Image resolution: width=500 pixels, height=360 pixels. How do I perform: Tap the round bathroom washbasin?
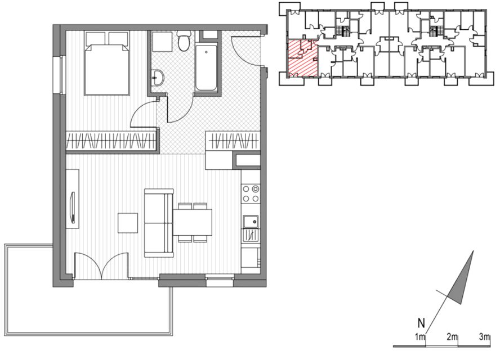click(157, 78)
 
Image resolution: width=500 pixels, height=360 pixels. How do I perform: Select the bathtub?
click(206, 68)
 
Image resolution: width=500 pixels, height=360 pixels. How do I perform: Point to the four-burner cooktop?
click(251, 193)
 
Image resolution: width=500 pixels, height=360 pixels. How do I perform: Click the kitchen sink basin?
click(251, 222)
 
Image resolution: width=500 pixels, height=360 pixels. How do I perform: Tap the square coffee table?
click(128, 223)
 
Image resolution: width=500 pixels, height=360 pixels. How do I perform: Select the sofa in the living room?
click(159, 223)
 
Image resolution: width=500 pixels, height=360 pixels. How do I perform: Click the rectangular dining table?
click(193, 222)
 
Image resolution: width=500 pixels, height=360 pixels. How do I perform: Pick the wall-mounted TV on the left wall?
click(73, 207)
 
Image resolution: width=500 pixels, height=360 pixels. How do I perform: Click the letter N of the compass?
click(421, 323)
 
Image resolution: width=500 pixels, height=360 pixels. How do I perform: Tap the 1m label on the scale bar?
click(420, 336)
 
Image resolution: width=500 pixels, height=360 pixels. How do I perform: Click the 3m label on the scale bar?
click(484, 336)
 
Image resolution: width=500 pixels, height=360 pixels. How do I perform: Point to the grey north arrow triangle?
click(462, 282)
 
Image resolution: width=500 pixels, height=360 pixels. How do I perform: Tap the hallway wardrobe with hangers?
click(233, 141)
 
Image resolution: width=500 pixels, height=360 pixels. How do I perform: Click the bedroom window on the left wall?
click(62, 75)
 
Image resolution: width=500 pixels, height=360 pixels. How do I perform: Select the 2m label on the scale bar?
click(452, 336)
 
